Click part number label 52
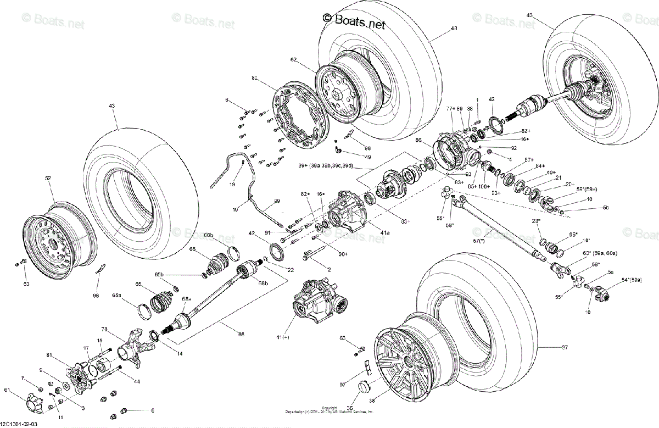(x=48, y=179)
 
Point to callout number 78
(x=104, y=330)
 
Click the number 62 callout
(x=293, y=59)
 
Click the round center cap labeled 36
(x=362, y=387)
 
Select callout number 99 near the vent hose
(x=277, y=201)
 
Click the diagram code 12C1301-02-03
(x=19, y=424)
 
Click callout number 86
(x=418, y=141)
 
